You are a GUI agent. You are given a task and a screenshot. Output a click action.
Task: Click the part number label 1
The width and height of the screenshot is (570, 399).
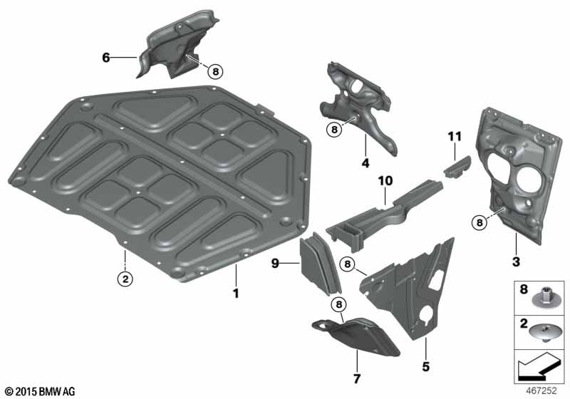pos(236,294)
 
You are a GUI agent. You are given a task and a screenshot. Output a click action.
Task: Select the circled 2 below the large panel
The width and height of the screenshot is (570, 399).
pos(125,279)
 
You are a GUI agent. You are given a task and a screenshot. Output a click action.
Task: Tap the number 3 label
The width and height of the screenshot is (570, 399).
pos(516,261)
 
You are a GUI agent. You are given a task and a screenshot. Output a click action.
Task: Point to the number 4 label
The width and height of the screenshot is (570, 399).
pos(366,162)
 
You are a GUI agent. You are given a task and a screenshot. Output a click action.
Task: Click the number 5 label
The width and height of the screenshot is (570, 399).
pos(425,366)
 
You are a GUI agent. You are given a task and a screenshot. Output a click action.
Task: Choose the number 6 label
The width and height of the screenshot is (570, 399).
pos(105,58)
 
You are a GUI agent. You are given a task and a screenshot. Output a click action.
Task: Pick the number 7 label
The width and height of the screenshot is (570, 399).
pos(357,378)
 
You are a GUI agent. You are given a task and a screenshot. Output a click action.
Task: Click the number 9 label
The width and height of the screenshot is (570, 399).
pos(275,263)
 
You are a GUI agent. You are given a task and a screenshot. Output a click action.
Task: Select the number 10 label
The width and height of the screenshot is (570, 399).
pos(385,180)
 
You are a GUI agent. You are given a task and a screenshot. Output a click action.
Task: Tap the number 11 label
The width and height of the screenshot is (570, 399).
pos(455,137)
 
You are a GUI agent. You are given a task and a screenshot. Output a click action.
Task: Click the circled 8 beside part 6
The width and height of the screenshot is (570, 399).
pos(216,71)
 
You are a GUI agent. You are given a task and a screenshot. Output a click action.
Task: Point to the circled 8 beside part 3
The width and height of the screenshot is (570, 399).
pos(480,222)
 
